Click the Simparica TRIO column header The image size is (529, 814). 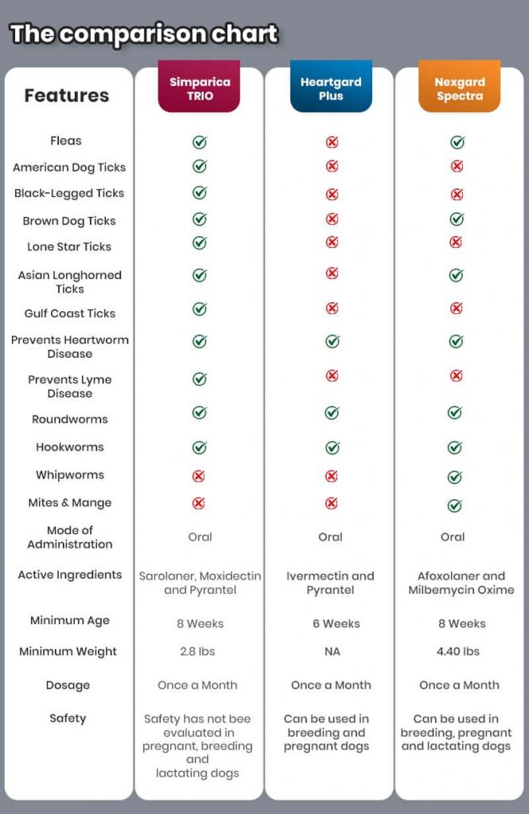click(199, 88)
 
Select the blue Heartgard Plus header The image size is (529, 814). click(331, 88)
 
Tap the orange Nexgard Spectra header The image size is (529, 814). click(459, 88)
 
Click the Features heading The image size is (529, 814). click(66, 95)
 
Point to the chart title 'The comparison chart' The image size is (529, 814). click(144, 34)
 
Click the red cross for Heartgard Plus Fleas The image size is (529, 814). click(332, 142)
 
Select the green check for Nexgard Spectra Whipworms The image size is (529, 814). click(454, 477)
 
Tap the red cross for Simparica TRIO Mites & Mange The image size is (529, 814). click(199, 503)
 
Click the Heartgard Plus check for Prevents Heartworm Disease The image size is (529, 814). click(332, 341)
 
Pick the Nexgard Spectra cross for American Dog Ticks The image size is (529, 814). click(457, 166)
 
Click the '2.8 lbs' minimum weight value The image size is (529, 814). click(197, 651)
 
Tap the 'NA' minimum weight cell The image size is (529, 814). click(332, 651)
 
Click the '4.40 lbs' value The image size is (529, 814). click(459, 651)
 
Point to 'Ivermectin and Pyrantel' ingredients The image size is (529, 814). click(330, 583)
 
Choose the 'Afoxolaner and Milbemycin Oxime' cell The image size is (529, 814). click(461, 583)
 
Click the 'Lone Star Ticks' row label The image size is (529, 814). click(69, 246)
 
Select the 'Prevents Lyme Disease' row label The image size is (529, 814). click(70, 386)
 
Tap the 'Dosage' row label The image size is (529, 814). click(68, 685)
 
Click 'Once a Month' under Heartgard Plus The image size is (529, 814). click(330, 684)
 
